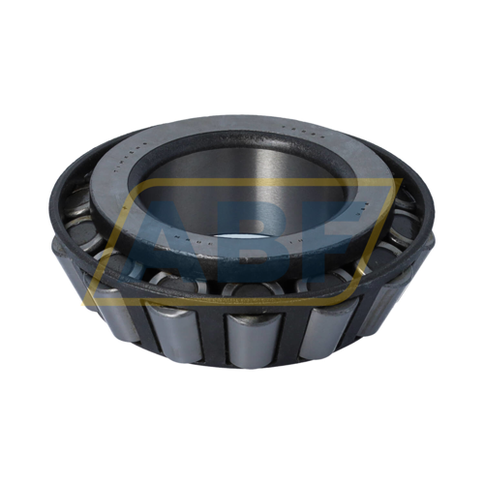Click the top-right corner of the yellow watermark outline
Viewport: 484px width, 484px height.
point(397,182)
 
